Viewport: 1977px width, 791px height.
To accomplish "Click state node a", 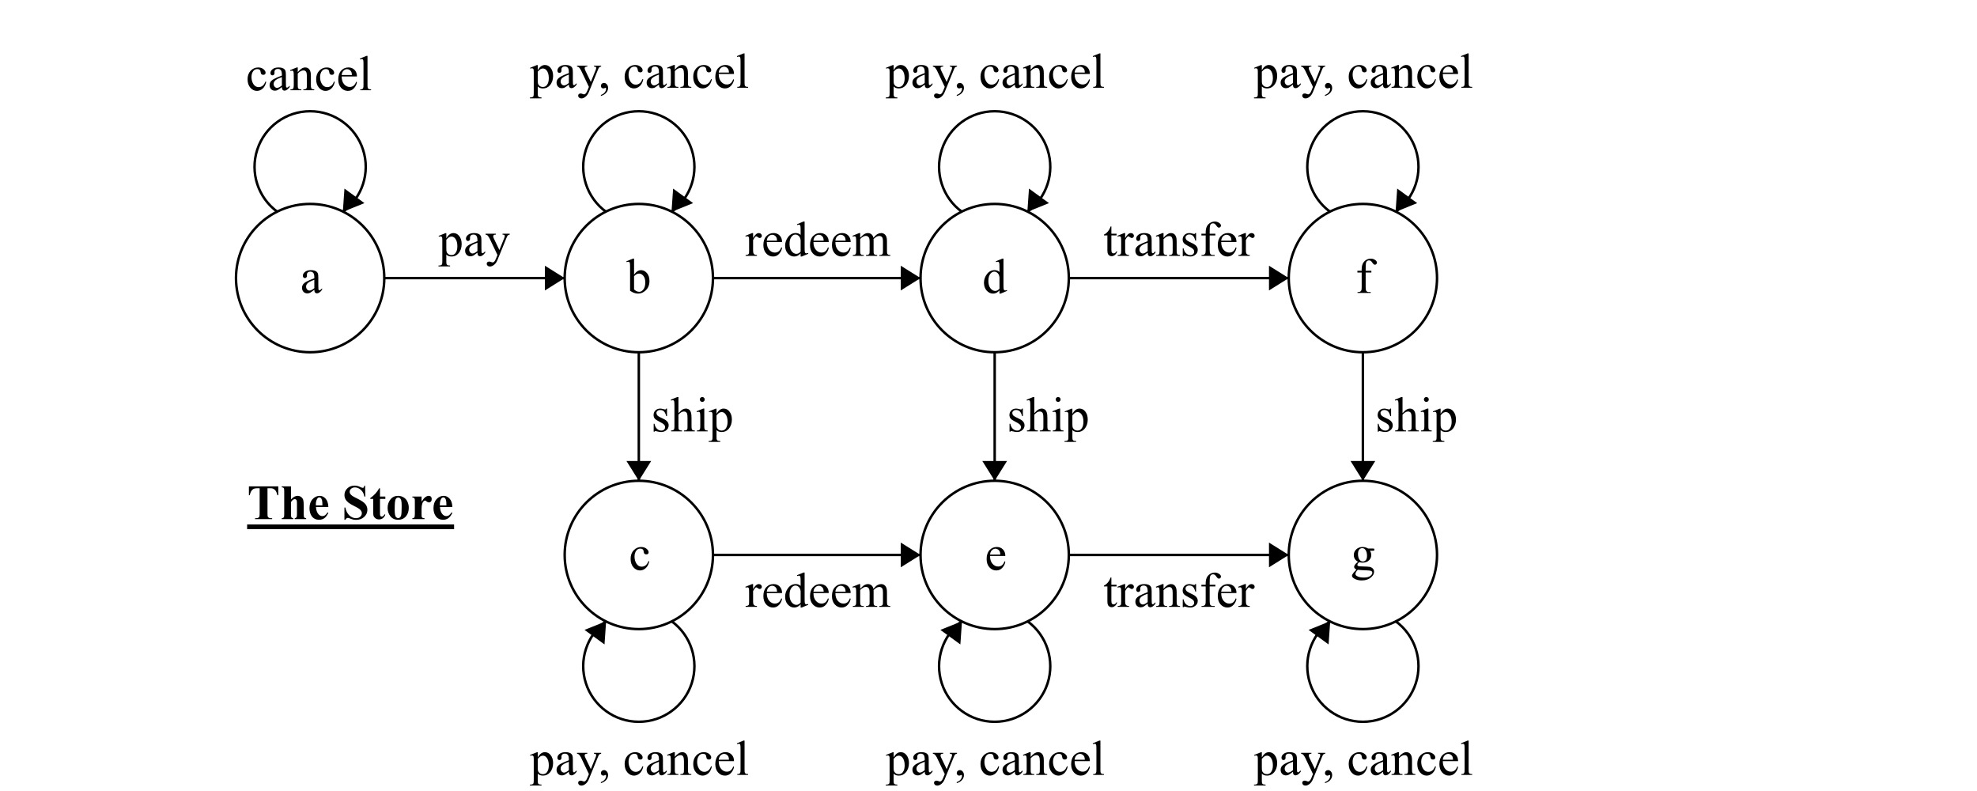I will click(310, 278).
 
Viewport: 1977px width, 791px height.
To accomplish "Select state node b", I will click(638, 278).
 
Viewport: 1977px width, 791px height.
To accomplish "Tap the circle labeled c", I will click(638, 555).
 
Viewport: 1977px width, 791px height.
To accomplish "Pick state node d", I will click(994, 278).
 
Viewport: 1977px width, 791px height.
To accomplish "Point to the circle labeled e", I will click(994, 555).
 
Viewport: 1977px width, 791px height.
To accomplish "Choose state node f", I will click(1363, 278).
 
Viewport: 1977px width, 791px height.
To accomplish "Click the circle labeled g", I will click(1363, 555).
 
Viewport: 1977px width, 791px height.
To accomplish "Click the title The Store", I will click(350, 504).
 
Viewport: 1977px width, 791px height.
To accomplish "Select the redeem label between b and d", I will click(817, 241).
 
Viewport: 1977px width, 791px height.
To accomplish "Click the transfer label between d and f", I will click(1178, 241).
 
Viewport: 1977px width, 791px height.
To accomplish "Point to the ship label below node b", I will click(692, 418).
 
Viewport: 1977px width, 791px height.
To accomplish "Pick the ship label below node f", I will click(1416, 418).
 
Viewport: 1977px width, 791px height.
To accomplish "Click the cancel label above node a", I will click(308, 76).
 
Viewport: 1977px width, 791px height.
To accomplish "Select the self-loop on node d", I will click(994, 115).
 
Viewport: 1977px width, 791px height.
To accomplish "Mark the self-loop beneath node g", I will click(1363, 718).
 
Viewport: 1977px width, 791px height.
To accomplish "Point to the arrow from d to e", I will click(994, 415).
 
